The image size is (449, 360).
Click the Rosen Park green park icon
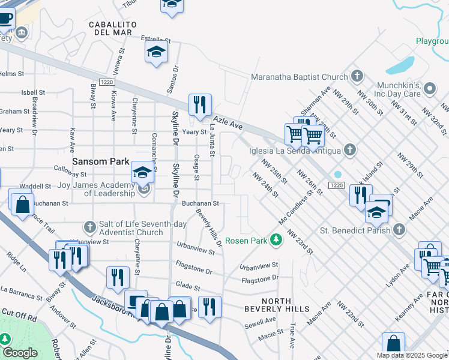tap(276, 241)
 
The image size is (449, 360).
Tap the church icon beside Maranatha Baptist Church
tap(357, 76)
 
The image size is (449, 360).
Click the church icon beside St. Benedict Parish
tap(399, 229)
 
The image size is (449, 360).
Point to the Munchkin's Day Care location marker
tap(429, 89)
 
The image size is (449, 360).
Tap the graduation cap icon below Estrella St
tap(156, 52)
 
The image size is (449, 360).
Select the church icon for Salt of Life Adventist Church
tap(89, 227)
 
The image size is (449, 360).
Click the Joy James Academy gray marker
tap(144, 191)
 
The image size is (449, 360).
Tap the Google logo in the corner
tap(20, 353)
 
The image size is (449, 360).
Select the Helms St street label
tap(11, 74)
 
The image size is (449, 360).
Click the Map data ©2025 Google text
tap(412, 355)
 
